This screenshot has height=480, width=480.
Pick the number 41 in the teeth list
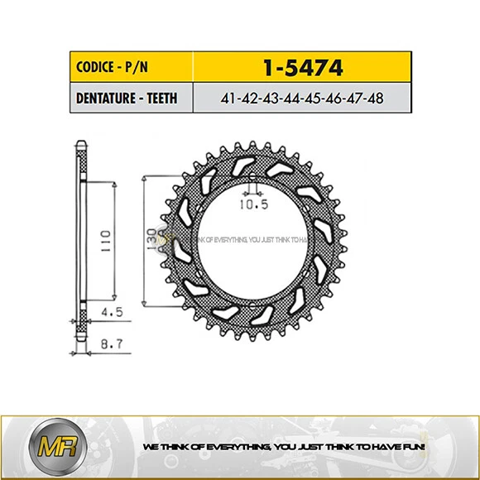coord(229,98)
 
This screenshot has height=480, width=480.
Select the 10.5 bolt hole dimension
coord(254,201)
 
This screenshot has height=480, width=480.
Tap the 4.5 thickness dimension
coord(110,314)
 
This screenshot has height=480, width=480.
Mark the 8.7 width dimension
coord(110,341)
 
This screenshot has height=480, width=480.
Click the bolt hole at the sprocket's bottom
coord(254,306)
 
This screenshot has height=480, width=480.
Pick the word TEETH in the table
coord(162,98)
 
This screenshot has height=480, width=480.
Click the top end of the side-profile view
coord(79,147)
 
